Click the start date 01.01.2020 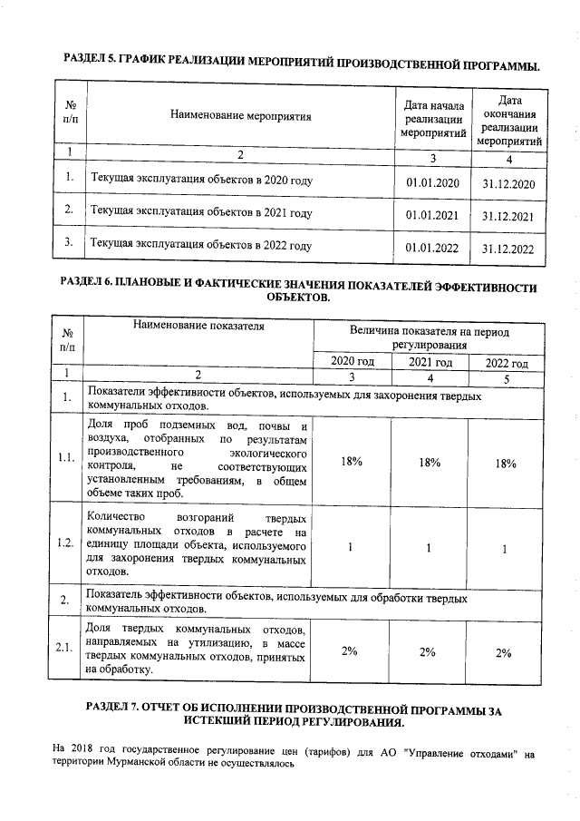pyautogui.click(x=433, y=183)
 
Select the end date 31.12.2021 pyautogui.click(x=508, y=216)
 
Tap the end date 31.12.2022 pyautogui.click(x=508, y=248)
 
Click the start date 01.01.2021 pyautogui.click(x=433, y=216)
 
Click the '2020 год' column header pyautogui.click(x=352, y=362)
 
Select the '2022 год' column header pyautogui.click(x=507, y=363)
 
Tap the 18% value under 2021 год pyautogui.click(x=430, y=463)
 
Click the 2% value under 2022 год pyautogui.click(x=505, y=652)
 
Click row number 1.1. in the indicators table pyautogui.click(x=65, y=458)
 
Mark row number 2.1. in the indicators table pyautogui.click(x=65, y=648)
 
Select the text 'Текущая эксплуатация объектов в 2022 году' pyautogui.click(x=201, y=245)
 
